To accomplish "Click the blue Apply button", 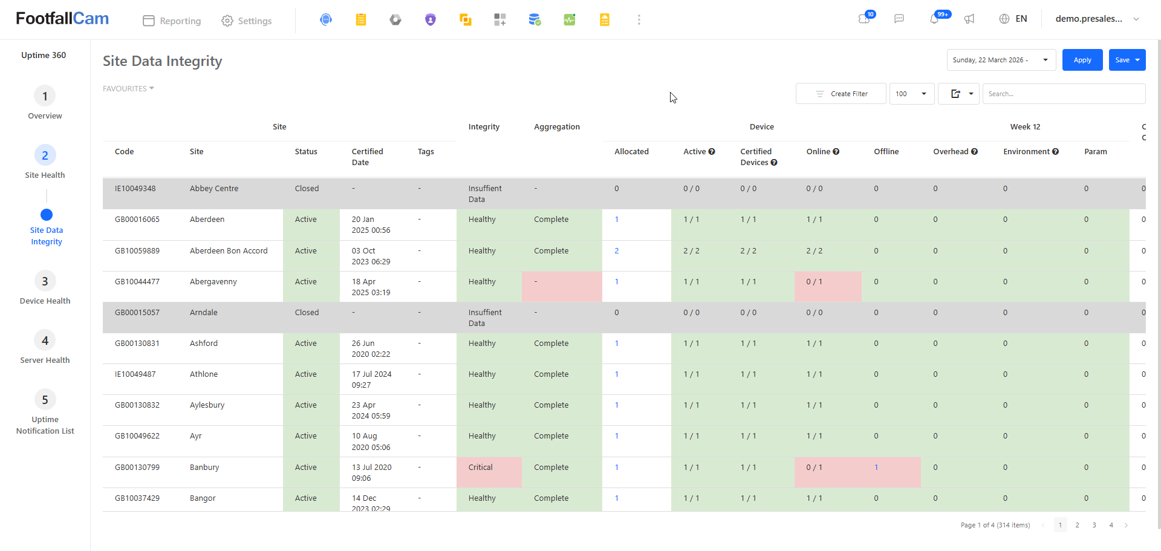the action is [x=1082, y=60].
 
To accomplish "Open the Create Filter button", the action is [x=841, y=94].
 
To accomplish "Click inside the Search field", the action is [x=1064, y=94].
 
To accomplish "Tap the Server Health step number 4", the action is [x=45, y=341].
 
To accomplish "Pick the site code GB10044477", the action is [x=137, y=282].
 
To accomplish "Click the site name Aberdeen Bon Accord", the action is [x=229, y=251].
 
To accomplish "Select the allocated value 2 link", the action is [x=617, y=251].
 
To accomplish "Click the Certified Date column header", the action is [x=368, y=157].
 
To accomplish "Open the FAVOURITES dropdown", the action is [x=128, y=88].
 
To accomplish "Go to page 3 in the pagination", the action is [x=1094, y=525].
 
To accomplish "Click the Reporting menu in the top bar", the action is [x=172, y=21].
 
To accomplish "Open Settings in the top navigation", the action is [x=247, y=21].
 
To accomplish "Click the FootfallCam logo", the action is [x=62, y=19].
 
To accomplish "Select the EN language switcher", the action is [x=1013, y=19].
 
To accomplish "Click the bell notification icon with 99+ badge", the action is [x=935, y=19].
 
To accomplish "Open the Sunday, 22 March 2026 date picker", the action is [x=1001, y=60].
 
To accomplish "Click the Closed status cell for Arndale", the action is [x=307, y=313].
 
